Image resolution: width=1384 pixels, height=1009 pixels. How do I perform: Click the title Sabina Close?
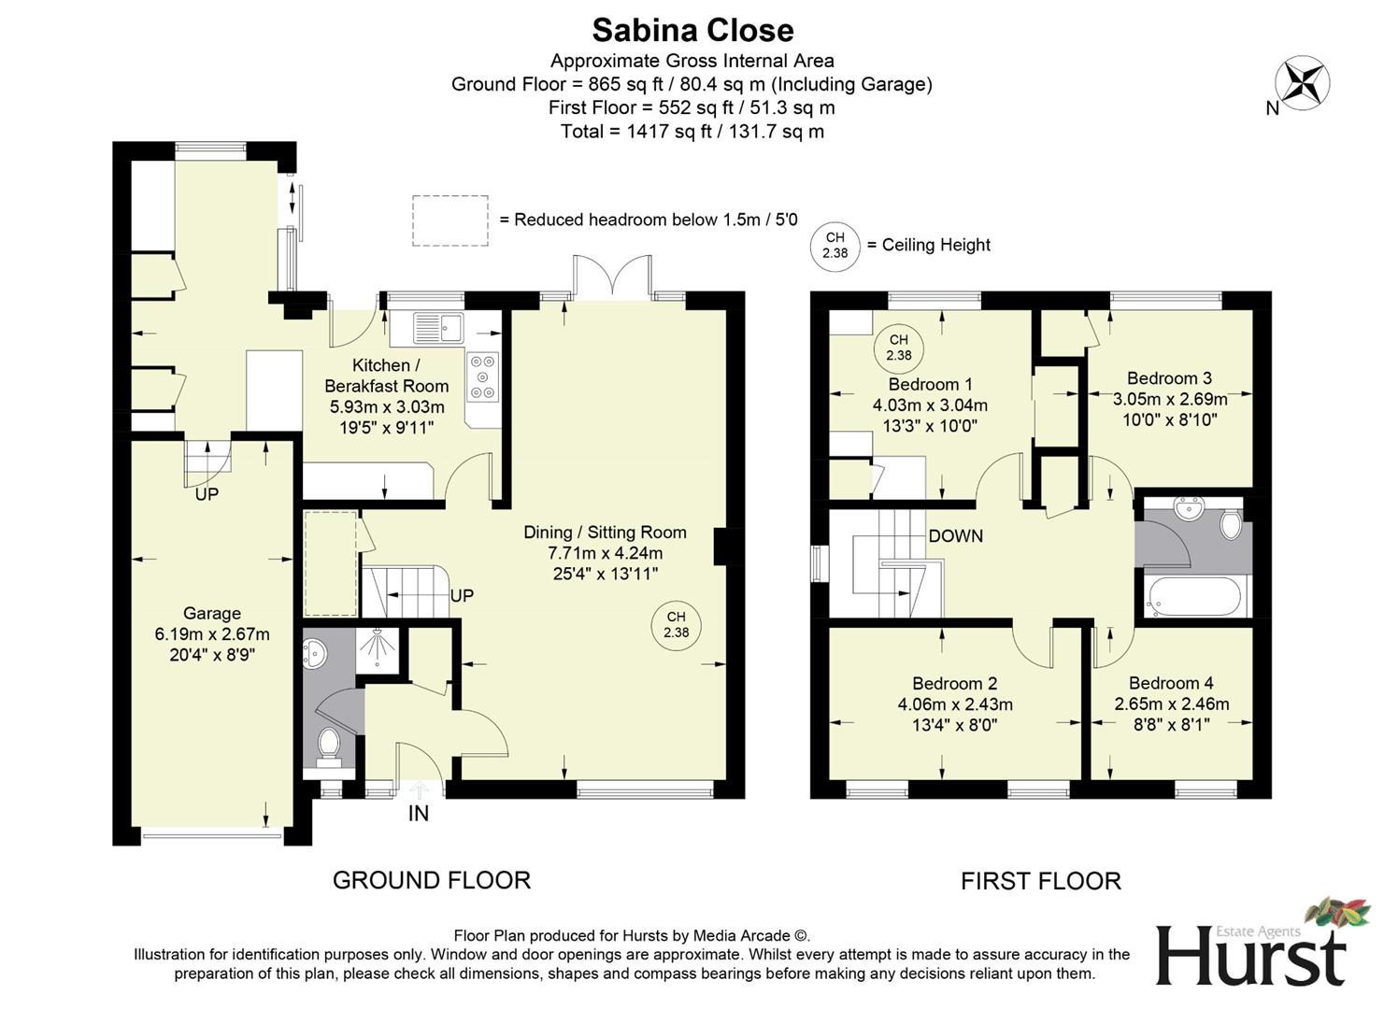coord(692,30)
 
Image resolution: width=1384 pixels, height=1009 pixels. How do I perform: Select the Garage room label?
coord(211,614)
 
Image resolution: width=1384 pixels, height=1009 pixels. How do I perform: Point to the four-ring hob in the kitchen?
coord(482,377)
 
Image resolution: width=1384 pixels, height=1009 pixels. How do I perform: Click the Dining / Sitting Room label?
coord(605,533)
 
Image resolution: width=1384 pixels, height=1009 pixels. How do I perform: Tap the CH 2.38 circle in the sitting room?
coord(676,625)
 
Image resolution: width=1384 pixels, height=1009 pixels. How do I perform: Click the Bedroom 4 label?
coord(1171,683)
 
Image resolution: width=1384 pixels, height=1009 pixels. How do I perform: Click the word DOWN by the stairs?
coord(955,536)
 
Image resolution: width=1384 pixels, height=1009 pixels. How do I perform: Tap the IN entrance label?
coord(419,814)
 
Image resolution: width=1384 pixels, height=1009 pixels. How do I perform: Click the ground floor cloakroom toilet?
coord(329,746)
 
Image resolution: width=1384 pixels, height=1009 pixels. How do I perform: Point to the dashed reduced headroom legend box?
coord(450,220)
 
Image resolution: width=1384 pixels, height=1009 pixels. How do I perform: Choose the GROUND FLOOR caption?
coord(432,880)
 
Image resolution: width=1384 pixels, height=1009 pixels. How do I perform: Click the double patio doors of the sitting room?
coord(612,277)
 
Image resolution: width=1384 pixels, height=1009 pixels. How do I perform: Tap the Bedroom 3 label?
coord(1169,378)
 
